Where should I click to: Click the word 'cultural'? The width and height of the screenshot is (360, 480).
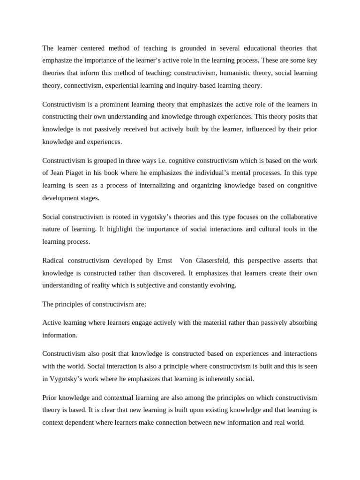tap(255, 229)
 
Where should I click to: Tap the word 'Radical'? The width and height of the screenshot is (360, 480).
tap(53, 260)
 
